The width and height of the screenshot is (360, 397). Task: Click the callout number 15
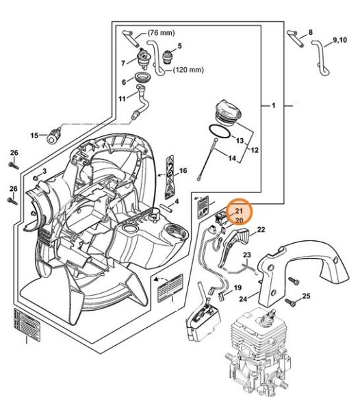(x=34, y=136)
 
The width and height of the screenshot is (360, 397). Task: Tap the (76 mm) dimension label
(x=161, y=33)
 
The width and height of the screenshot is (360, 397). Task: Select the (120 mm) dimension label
(x=188, y=70)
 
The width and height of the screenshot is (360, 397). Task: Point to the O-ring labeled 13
(x=220, y=131)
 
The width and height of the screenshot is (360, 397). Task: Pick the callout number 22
(x=261, y=229)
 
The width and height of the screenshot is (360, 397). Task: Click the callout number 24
(x=243, y=298)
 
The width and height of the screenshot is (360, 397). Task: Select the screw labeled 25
(x=291, y=302)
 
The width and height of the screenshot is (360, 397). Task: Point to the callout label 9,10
(x=340, y=40)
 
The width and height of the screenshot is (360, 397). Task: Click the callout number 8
(x=310, y=32)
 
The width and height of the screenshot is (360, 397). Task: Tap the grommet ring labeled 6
(x=142, y=77)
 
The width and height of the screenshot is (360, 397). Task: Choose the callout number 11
(x=122, y=99)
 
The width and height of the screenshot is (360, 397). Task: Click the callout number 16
(x=183, y=170)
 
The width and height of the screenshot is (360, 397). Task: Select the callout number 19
(x=237, y=287)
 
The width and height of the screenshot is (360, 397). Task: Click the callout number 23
(x=247, y=255)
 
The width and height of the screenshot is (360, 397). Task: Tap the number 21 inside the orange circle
(x=239, y=211)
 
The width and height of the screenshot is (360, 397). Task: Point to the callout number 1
(x=273, y=105)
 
